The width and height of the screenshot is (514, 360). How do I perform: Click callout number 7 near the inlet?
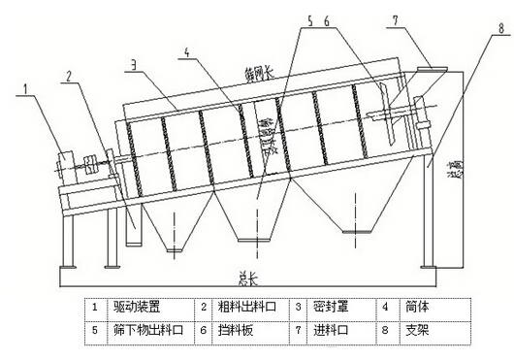pyautogui.click(x=396, y=17)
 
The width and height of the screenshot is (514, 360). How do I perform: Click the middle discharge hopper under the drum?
pyautogui.click(x=253, y=213)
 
